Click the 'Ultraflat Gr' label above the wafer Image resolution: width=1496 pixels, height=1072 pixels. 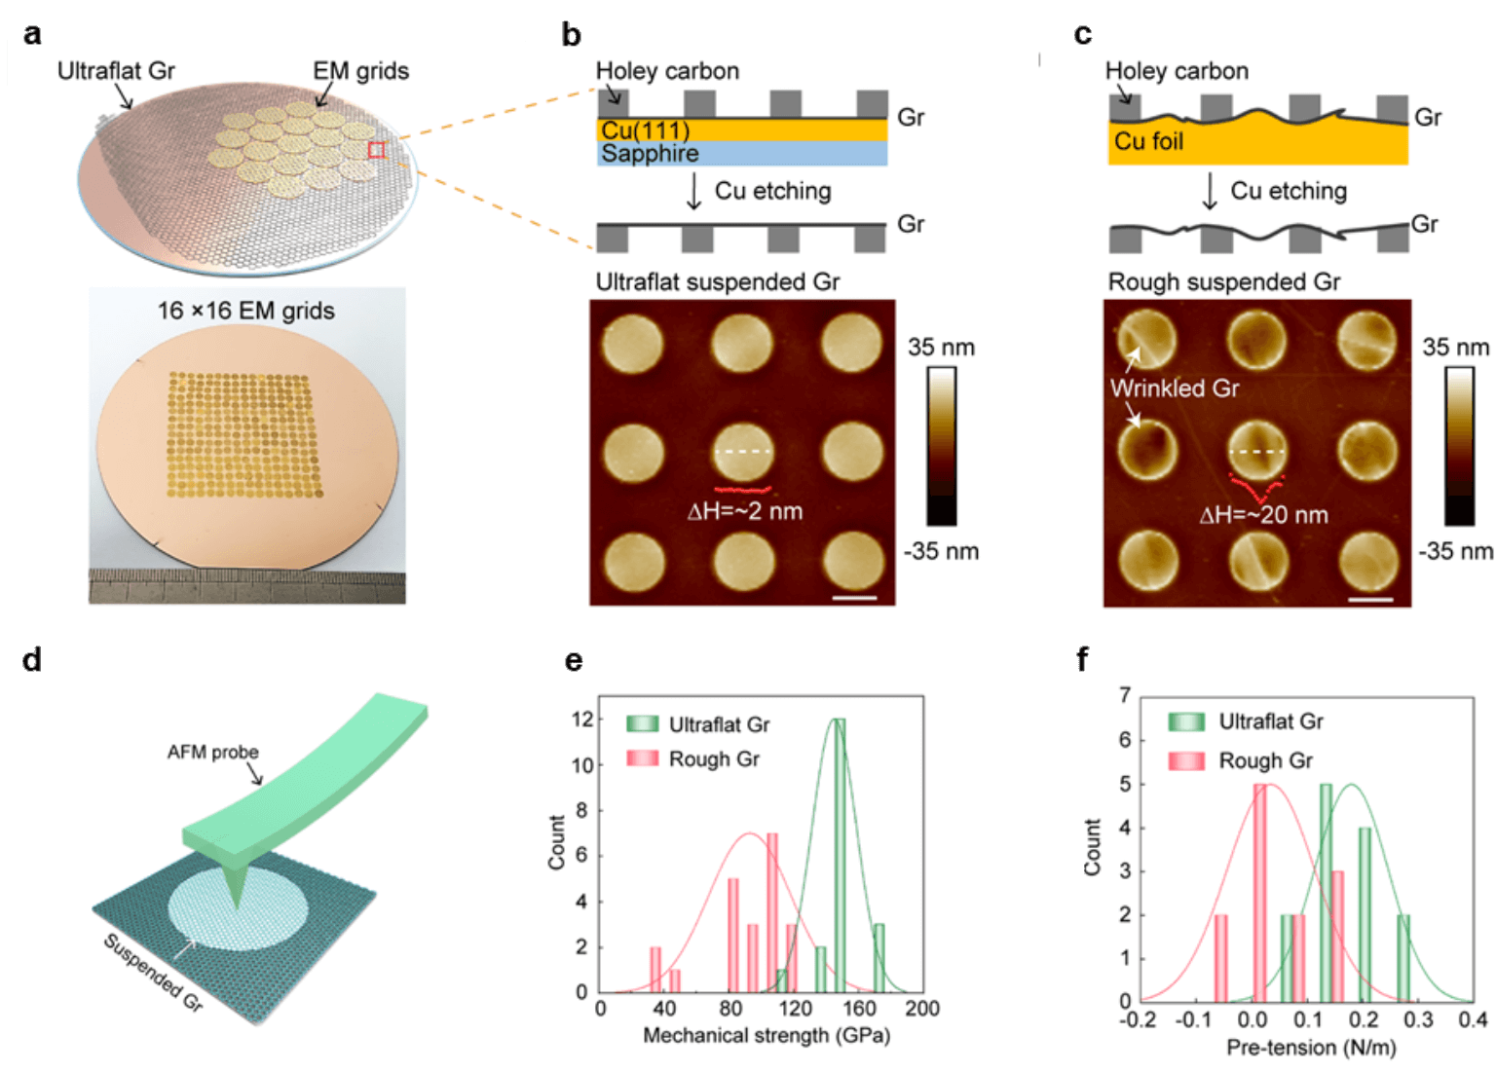click(x=116, y=71)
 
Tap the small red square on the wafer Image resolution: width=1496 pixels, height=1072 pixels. click(x=377, y=149)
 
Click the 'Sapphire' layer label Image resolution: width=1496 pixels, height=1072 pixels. click(x=650, y=154)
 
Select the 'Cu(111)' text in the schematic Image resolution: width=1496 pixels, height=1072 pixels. click(x=646, y=130)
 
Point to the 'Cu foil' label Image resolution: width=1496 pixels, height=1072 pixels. click(x=1148, y=142)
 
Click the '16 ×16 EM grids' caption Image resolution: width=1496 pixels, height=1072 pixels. click(x=246, y=312)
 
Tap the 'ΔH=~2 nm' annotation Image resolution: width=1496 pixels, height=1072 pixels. click(x=745, y=511)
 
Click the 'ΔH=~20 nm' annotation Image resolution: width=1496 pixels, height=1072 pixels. click(x=1263, y=515)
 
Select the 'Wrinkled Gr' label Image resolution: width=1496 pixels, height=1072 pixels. click(x=1175, y=388)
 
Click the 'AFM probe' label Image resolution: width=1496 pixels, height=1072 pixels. click(x=213, y=752)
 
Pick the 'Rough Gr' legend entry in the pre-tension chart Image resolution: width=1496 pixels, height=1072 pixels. click(x=1265, y=760)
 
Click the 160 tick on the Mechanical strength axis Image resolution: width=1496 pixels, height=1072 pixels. click(x=860, y=1009)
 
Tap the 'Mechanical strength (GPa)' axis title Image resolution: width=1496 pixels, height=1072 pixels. click(x=767, y=1035)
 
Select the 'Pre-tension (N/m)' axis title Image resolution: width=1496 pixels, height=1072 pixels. click(x=1310, y=1048)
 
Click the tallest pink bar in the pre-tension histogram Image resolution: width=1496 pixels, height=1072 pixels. click(x=1259, y=891)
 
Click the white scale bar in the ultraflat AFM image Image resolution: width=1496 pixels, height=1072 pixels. click(x=855, y=597)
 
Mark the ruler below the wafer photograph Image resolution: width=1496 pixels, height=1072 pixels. click(x=246, y=586)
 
